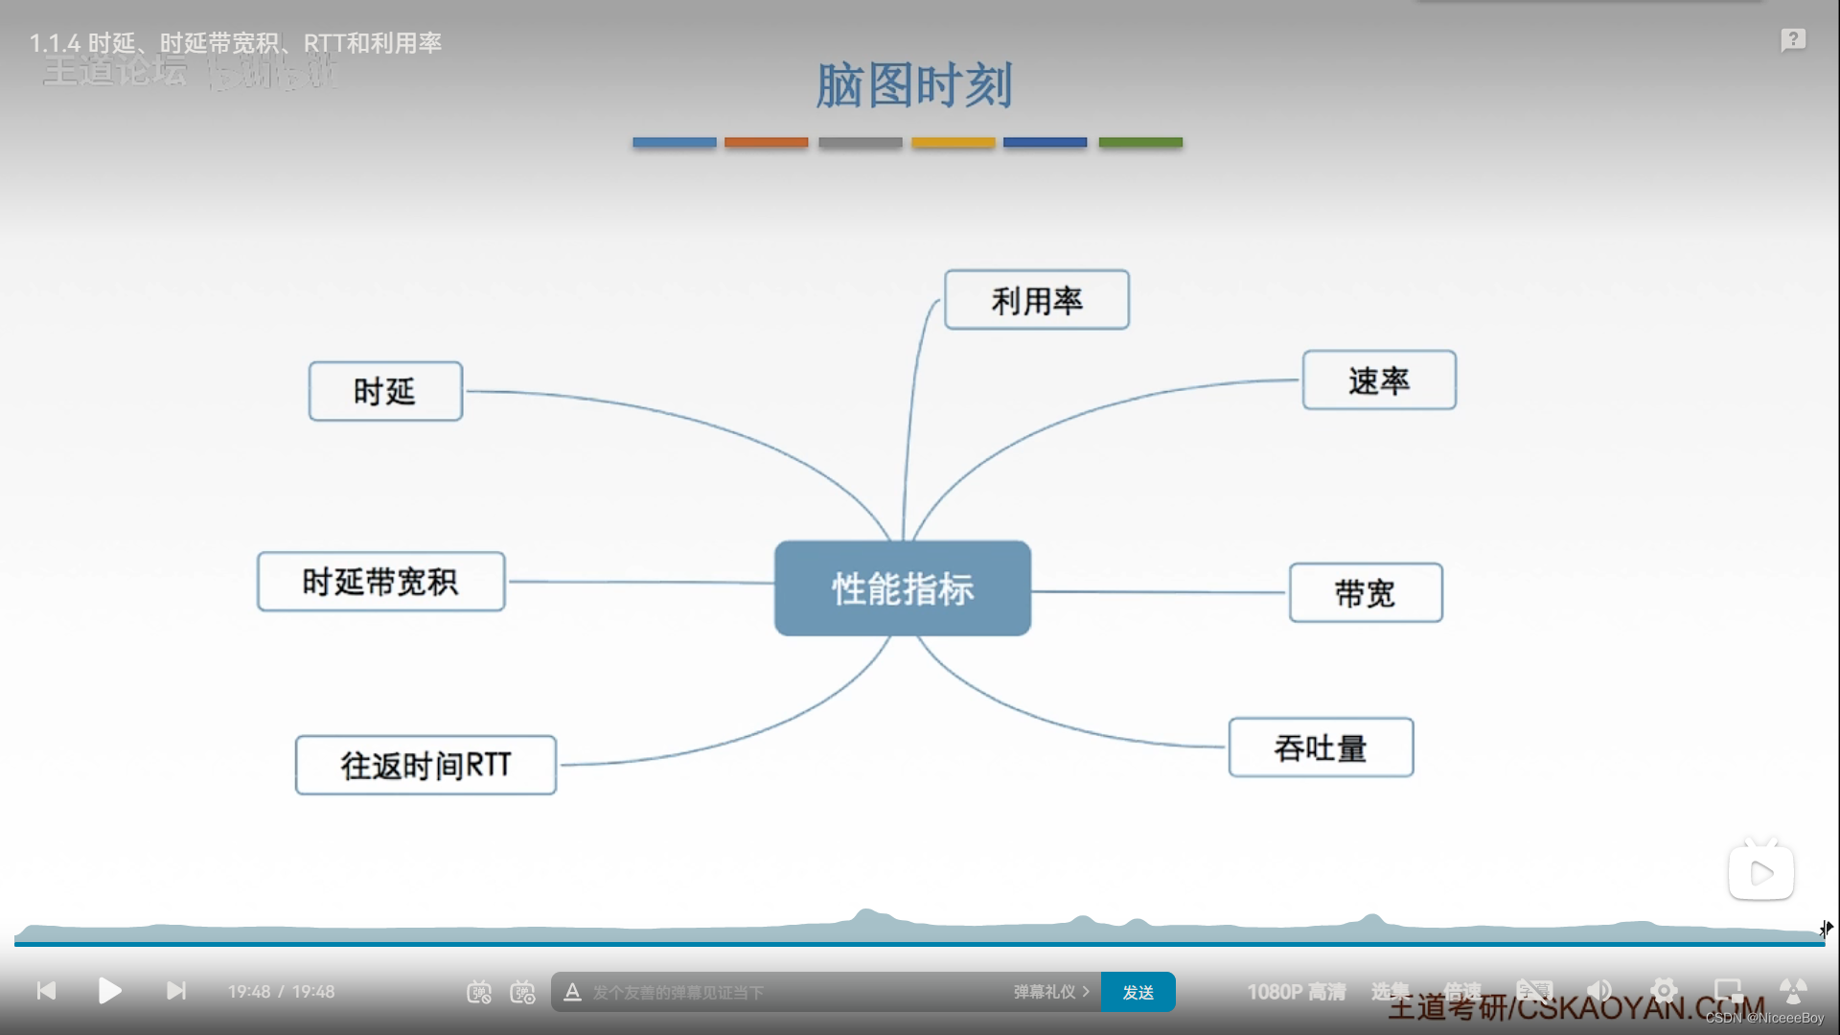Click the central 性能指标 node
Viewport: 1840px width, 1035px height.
(x=902, y=588)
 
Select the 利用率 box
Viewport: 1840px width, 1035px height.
(x=1036, y=300)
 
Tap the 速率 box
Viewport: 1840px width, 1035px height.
(x=1378, y=380)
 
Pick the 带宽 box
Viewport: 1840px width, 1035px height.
(x=1365, y=593)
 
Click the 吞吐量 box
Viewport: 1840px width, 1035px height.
(x=1320, y=747)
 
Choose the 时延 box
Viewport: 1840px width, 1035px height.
(x=384, y=391)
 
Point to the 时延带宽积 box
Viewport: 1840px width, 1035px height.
(x=380, y=582)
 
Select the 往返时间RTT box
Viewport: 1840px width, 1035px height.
(x=425, y=765)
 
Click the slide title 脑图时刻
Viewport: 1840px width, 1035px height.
(x=913, y=85)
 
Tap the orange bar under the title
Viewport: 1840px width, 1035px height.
(x=766, y=142)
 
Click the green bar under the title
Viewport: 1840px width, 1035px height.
(x=1139, y=142)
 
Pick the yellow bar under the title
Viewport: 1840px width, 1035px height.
(x=953, y=142)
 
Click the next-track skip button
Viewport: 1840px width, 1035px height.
(x=176, y=991)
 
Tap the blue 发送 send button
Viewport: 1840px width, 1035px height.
(x=1138, y=992)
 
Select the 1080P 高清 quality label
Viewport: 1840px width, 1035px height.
(x=1296, y=992)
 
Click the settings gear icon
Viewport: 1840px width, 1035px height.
(x=1664, y=991)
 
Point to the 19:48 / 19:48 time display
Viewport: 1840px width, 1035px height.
(x=281, y=992)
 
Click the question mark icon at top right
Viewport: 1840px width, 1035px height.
(x=1793, y=40)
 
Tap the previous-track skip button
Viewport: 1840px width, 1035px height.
(x=46, y=991)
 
